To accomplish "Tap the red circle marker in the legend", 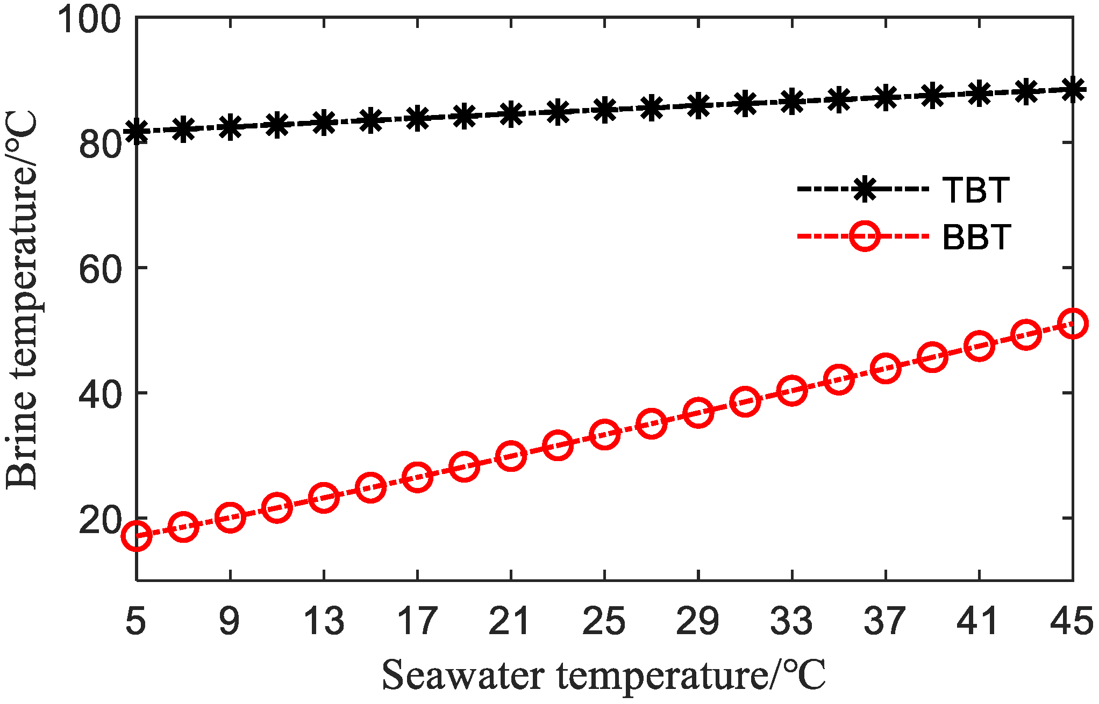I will pyautogui.click(x=865, y=236).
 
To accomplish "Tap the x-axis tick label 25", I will pyautogui.click(x=604, y=621).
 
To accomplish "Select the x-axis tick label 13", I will pyautogui.click(x=323, y=621).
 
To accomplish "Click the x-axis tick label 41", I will pyautogui.click(x=978, y=621).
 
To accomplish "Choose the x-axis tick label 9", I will pyautogui.click(x=230, y=621).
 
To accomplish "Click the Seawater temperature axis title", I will pyautogui.click(x=603, y=676).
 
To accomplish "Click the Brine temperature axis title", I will pyautogui.click(x=22, y=300).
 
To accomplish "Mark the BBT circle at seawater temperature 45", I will pyautogui.click(x=1072, y=324).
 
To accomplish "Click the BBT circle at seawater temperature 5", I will pyautogui.click(x=137, y=536).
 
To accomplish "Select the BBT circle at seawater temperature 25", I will pyautogui.click(x=604, y=435).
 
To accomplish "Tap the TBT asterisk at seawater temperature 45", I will pyautogui.click(x=1072, y=90).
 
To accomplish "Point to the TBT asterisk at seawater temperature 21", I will pyautogui.click(x=511, y=114).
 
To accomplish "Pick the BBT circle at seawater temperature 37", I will pyautogui.click(x=885, y=369).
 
